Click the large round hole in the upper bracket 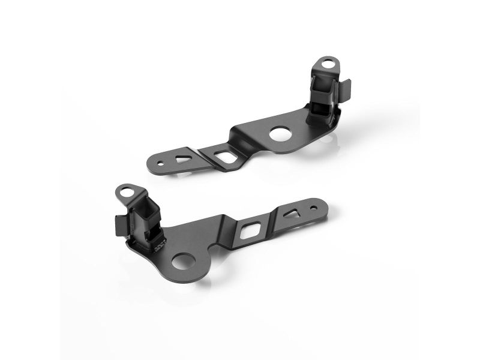(280, 134)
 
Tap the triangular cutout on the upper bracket (181, 158)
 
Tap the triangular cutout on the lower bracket (292, 212)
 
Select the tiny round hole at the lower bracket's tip (313, 208)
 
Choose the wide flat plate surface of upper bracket (258, 135)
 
